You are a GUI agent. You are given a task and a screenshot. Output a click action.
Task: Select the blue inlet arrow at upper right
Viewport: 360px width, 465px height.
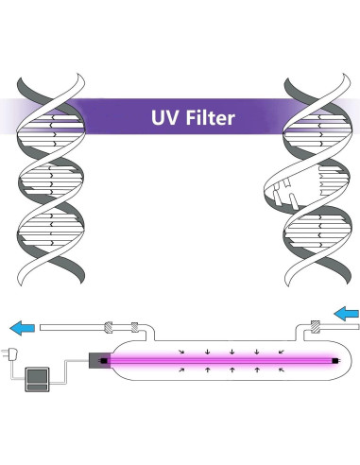(x=346, y=311)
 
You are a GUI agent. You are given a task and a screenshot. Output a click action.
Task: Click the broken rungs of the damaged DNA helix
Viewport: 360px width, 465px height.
(x=283, y=194)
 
